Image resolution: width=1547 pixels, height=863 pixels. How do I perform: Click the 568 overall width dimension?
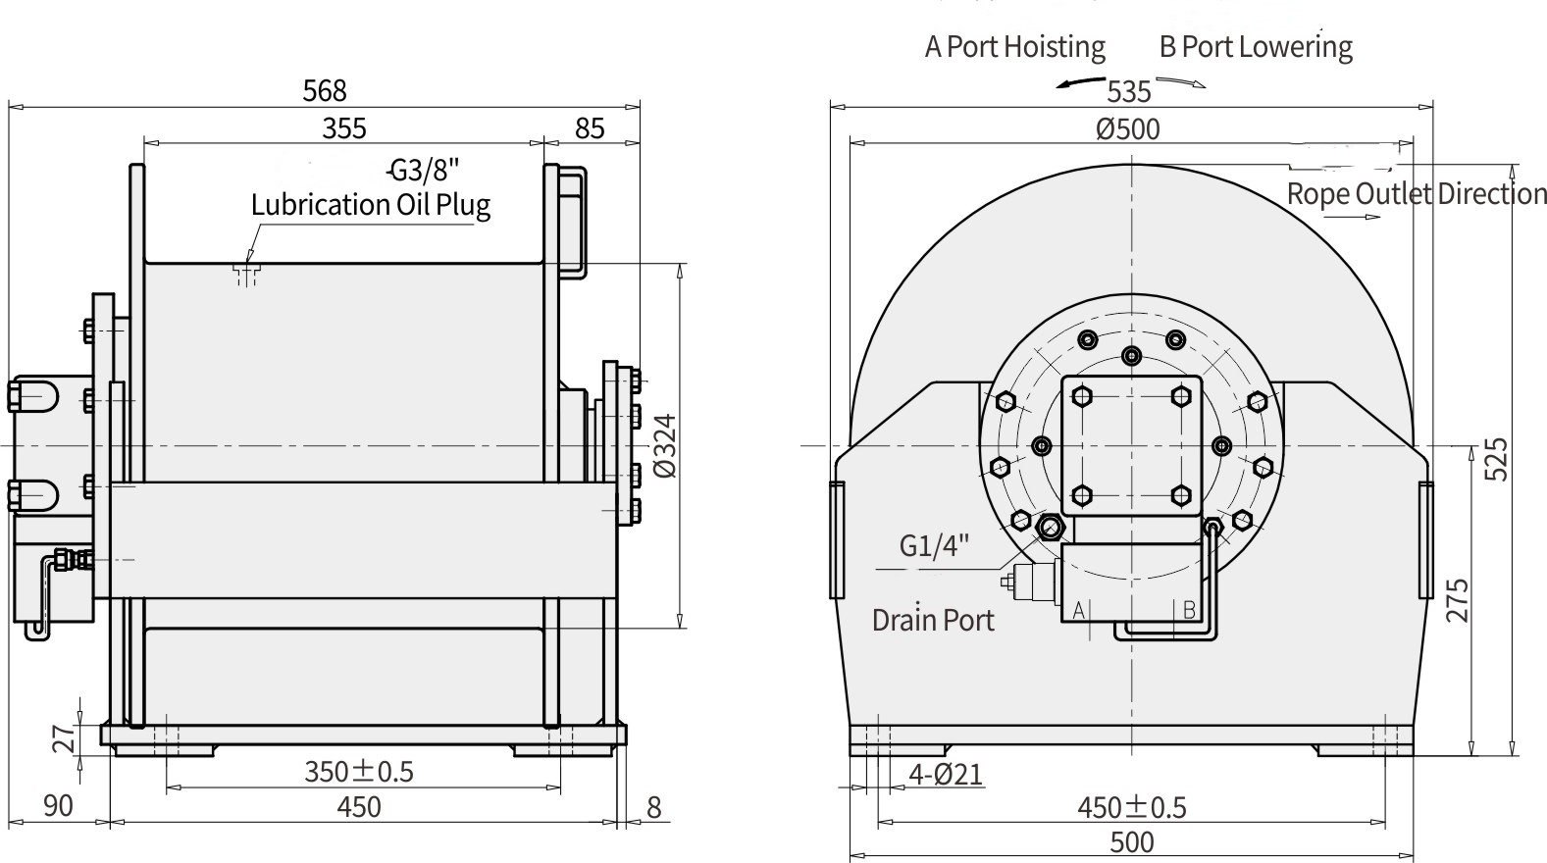point(325,91)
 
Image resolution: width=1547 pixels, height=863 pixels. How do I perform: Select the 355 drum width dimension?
point(344,128)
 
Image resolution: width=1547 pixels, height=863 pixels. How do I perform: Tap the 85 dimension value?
point(590,128)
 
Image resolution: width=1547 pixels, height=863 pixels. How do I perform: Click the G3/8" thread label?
point(424,171)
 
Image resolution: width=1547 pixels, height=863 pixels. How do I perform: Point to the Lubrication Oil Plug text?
point(370,205)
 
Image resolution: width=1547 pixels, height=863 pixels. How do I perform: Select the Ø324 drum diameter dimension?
point(665,445)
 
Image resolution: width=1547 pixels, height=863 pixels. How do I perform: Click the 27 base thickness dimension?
point(64,737)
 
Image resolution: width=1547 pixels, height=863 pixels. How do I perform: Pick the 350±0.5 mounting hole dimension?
point(359,772)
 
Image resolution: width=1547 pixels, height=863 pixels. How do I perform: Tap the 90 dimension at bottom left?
point(58,806)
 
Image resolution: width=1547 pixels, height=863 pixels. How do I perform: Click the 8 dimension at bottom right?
point(654,808)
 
